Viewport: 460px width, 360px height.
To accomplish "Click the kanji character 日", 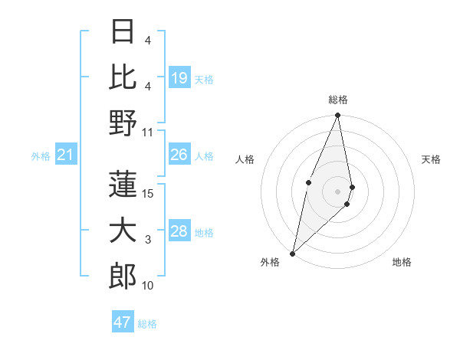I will pos(123,31).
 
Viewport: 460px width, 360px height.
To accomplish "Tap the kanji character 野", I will pos(123,123).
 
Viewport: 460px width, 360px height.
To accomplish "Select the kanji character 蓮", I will pos(123,184).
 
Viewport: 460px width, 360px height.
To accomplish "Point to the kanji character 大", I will pos(123,231).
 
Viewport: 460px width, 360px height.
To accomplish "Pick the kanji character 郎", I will pos(123,277).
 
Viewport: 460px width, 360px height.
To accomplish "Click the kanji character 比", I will pos(123,77).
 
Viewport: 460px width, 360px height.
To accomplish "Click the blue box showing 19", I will pos(179,77).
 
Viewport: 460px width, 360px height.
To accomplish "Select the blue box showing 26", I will pos(179,155).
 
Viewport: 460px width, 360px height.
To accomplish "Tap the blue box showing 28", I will pos(179,231).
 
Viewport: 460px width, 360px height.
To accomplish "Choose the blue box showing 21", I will pos(66,155).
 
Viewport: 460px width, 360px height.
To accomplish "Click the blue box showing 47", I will pos(123,322).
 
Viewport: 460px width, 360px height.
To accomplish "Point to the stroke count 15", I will pos(149,193).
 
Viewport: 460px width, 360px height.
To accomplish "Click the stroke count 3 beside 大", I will pos(148,240).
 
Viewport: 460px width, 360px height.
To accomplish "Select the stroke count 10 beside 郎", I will pos(149,286).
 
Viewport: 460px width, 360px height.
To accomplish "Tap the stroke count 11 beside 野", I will pos(149,132).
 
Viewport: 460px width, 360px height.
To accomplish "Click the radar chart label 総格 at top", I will pos(338,100).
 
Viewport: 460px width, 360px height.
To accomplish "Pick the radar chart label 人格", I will pos(245,159).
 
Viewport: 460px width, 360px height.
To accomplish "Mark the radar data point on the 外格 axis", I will pos(292,254).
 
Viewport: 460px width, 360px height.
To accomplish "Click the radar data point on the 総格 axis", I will pos(338,116).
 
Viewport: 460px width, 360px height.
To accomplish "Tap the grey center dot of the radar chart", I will pos(338,191).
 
